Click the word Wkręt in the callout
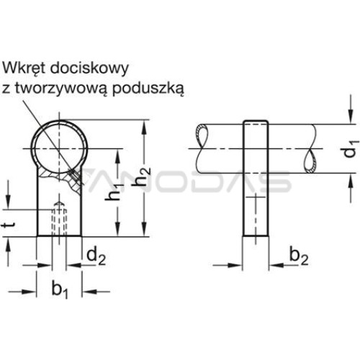(x=24, y=69)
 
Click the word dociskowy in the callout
(x=89, y=68)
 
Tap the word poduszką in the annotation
(x=148, y=89)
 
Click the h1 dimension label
(x=114, y=190)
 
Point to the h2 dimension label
(x=142, y=176)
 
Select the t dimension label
(x=9, y=225)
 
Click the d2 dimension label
(x=96, y=256)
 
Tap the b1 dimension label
(x=60, y=290)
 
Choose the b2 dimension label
(x=299, y=256)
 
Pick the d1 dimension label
(x=351, y=150)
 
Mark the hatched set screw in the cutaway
(x=74, y=176)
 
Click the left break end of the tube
(x=202, y=148)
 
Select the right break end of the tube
(x=311, y=148)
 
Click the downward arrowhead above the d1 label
(x=351, y=117)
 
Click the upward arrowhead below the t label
(x=8, y=244)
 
